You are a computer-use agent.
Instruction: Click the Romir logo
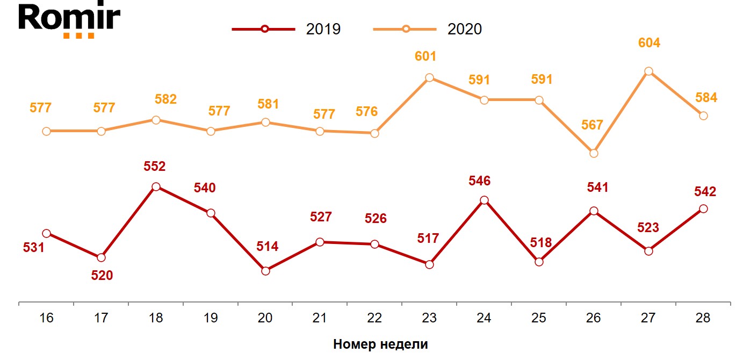[69, 20]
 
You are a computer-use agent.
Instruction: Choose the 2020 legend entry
[428, 29]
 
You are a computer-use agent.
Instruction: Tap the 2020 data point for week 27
[648, 71]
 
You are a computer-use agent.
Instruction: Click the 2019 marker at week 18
[156, 187]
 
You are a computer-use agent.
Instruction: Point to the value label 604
[648, 43]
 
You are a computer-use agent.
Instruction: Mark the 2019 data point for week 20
[265, 271]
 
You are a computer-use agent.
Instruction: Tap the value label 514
[267, 247]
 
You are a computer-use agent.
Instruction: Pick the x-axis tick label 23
[429, 318]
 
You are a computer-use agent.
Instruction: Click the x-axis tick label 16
[46, 318]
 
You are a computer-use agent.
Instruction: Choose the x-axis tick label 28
[703, 318]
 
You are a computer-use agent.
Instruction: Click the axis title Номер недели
[380, 344]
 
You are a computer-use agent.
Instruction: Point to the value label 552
[155, 166]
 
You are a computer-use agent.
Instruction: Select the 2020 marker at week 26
[594, 153]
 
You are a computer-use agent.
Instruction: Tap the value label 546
[479, 181]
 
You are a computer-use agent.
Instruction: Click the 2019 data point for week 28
[703, 208]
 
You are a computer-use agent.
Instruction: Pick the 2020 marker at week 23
[429, 78]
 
